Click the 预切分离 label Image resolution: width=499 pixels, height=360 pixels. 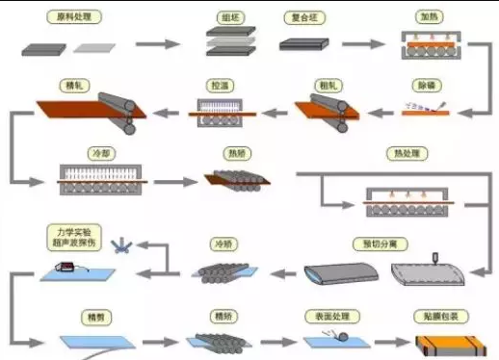[384, 242]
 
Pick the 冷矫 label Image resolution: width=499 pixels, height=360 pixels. [223, 242]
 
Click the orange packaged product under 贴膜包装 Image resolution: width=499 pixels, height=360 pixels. [444, 344]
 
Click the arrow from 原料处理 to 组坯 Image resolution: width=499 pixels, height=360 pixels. [157, 44]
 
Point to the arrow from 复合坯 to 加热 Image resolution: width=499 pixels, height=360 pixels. [361, 44]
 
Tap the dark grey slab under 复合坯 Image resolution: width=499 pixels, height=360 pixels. [306, 44]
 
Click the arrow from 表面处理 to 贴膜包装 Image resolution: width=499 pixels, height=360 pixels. [387, 342]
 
